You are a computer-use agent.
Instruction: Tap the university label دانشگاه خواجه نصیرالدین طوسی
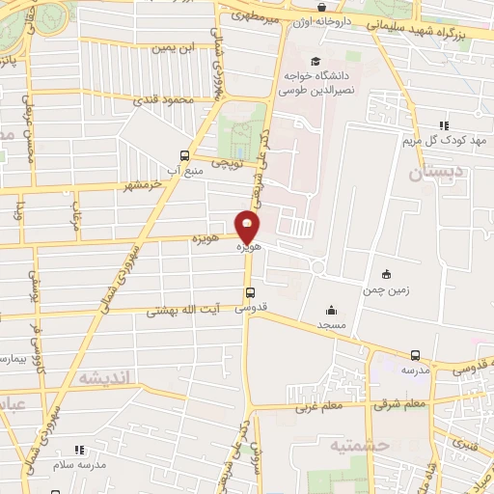(x=316, y=83)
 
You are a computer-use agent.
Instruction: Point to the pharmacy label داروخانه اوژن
(x=334, y=19)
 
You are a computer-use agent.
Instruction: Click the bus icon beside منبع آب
(x=184, y=153)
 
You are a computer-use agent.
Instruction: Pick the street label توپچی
(x=226, y=165)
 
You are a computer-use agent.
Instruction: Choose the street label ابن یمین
(x=178, y=47)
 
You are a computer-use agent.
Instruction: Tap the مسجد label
(x=332, y=325)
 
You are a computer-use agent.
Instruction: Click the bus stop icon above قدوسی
(x=250, y=293)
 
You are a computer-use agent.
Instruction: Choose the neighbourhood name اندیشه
(x=99, y=377)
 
